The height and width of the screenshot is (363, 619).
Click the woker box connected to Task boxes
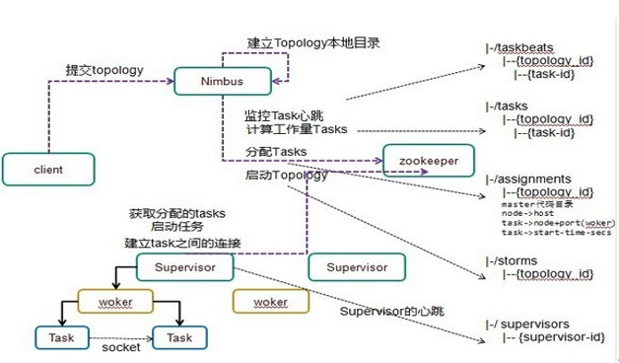pyautogui.click(x=116, y=301)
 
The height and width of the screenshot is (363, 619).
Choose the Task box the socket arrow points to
pyautogui.click(x=180, y=338)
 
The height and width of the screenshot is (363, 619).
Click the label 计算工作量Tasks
pyautogui.click(x=296, y=131)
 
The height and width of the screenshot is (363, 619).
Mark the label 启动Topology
pyautogui.click(x=287, y=176)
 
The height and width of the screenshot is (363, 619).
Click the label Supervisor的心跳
pyautogui.click(x=391, y=312)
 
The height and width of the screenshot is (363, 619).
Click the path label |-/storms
pyautogui.click(x=510, y=259)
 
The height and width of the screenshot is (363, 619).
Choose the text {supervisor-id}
pyautogui.click(x=551, y=338)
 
